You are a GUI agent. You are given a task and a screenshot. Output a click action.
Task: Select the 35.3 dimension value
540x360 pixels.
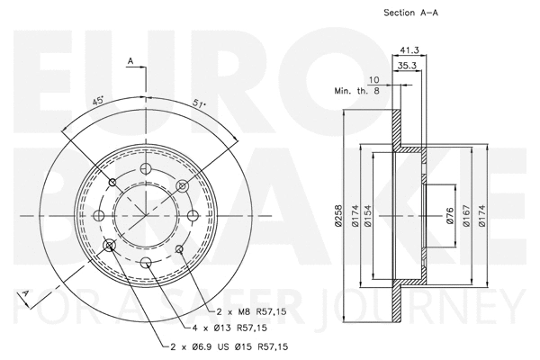[408, 66]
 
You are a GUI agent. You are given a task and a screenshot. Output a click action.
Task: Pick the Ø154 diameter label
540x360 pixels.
[392, 217]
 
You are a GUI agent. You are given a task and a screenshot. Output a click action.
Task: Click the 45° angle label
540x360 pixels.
[97, 101]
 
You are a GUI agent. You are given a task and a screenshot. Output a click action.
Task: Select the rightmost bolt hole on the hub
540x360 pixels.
[193, 216]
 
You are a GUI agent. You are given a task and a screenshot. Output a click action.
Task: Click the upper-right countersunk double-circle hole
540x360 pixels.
[182, 185]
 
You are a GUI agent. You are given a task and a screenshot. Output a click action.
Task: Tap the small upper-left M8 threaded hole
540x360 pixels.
[112, 184]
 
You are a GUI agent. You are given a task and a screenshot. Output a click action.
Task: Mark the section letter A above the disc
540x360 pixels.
[131, 61]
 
